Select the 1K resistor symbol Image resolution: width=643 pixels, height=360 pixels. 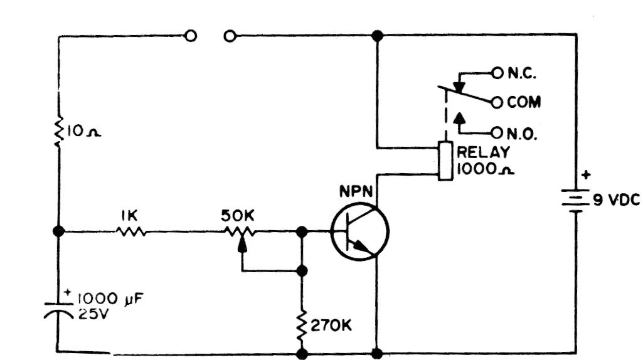(x=131, y=231)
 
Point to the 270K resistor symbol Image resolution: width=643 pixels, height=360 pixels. (x=302, y=325)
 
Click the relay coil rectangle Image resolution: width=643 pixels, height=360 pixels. (x=445, y=162)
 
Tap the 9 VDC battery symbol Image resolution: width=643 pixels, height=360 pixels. (x=576, y=201)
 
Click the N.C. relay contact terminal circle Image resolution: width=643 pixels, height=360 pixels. (x=497, y=73)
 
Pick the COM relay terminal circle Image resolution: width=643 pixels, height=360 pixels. (x=497, y=102)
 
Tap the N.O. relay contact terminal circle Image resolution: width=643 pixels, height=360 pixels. (x=497, y=132)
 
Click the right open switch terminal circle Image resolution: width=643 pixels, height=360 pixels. (x=230, y=36)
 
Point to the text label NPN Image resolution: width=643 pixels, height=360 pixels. (x=356, y=189)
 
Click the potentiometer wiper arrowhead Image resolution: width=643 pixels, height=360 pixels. (x=242, y=246)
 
